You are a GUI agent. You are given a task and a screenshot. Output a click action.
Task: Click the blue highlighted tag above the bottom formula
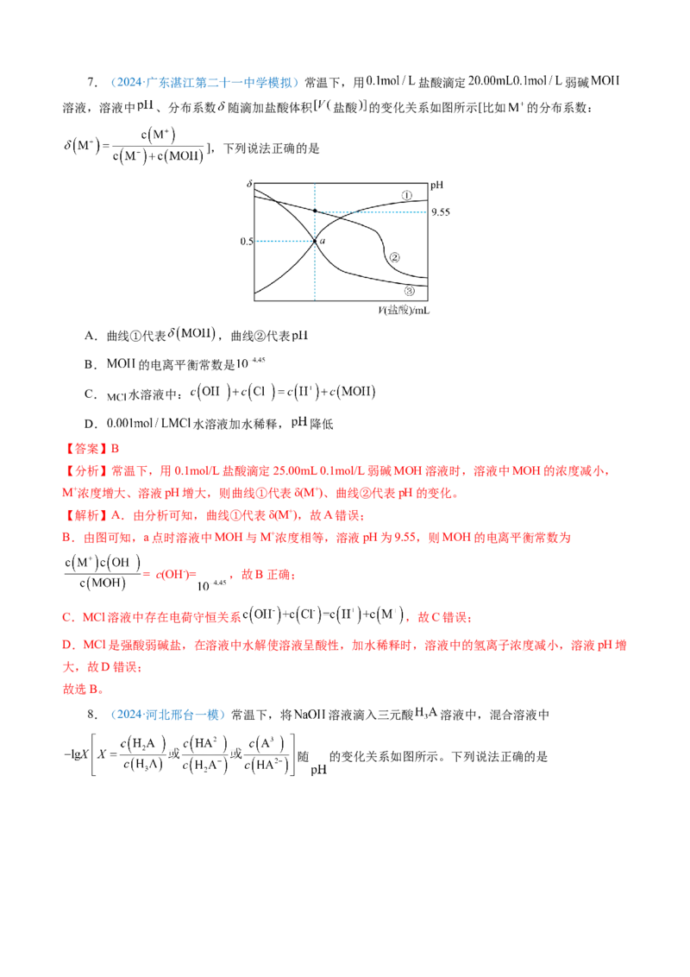(x=168, y=715)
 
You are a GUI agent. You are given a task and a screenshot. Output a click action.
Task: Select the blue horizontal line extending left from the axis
(x=284, y=243)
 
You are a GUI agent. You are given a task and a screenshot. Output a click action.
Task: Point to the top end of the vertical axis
(x=315, y=182)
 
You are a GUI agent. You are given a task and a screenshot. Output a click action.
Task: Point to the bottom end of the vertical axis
(x=315, y=299)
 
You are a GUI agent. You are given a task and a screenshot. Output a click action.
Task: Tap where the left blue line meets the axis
(x=314, y=243)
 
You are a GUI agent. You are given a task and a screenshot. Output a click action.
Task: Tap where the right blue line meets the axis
(x=316, y=210)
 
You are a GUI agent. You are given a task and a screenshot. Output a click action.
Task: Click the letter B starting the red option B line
(x=66, y=538)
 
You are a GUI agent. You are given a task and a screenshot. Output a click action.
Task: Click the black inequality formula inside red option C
(x=327, y=616)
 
